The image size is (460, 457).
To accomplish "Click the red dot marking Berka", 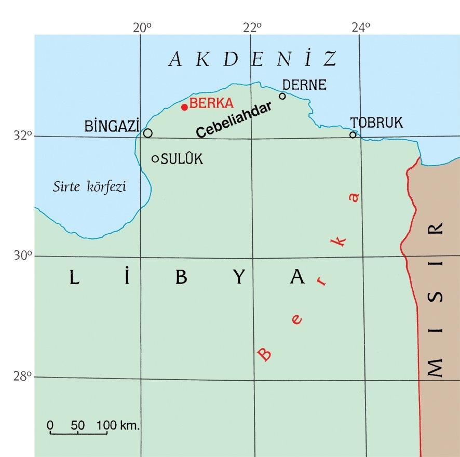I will click(x=184, y=107).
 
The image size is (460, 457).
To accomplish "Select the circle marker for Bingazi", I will click(x=148, y=133).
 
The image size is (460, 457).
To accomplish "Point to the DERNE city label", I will click(x=304, y=85).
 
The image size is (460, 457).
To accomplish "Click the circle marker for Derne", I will click(x=282, y=96).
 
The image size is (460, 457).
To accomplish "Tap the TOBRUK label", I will click(x=376, y=123).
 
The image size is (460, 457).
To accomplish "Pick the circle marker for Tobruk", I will click(x=353, y=135).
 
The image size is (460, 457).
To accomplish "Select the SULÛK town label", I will click(x=182, y=159).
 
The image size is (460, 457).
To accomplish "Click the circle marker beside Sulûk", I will click(x=155, y=158).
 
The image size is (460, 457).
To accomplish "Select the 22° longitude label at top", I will click(x=252, y=27).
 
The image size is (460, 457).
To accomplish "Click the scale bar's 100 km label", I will click(x=118, y=426).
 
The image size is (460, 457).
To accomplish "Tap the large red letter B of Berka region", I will click(x=265, y=354).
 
